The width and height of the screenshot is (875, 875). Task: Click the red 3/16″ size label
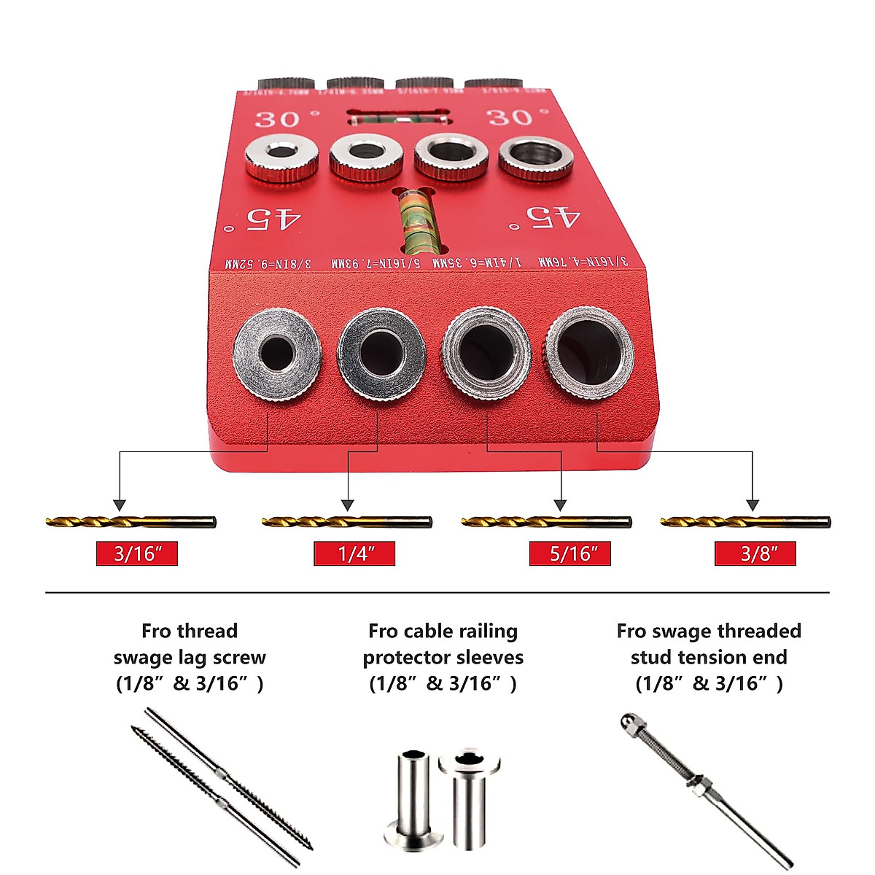coord(137,553)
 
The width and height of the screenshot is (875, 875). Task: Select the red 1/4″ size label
coord(354,553)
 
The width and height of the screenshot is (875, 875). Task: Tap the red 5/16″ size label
coord(569,553)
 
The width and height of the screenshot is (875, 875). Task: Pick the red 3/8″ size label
coord(755,553)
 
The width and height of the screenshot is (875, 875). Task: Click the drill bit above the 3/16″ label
coord(131,522)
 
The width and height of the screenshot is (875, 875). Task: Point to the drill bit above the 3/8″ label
coord(745,522)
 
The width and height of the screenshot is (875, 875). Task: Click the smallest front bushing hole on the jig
coord(277,354)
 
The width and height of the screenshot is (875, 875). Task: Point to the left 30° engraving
coord(286,119)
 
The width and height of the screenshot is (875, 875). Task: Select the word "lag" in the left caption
coord(192,657)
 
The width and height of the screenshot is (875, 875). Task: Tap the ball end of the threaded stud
coord(627,720)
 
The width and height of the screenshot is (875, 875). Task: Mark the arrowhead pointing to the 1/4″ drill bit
coord(348,505)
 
